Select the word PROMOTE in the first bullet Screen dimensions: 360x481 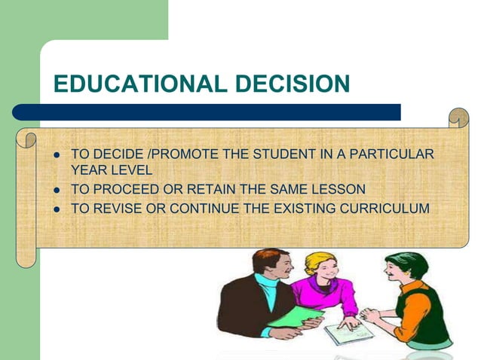click(167, 155)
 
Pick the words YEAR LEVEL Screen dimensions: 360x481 click(111, 172)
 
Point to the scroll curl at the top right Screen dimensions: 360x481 click(458, 119)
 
